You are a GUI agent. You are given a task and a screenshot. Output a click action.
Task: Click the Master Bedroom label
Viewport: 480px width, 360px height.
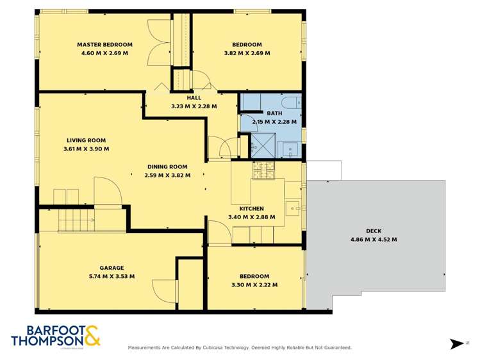[104, 44]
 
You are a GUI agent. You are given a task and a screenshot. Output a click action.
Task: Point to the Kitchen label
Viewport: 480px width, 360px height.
[251, 208]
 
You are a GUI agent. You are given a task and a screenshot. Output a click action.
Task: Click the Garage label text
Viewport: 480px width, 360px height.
[112, 268]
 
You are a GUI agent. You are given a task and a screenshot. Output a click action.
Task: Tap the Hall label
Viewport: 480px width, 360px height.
[194, 98]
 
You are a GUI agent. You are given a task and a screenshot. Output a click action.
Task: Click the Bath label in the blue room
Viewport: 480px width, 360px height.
[274, 113]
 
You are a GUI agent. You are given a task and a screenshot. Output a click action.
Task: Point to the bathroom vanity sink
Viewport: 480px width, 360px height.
[291, 149]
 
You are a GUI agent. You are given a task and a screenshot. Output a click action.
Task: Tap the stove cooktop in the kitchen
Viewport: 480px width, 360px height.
[263, 171]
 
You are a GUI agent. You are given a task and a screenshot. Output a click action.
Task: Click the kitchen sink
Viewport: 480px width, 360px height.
[294, 206]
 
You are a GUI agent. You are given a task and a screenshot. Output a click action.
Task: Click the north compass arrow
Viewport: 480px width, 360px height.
[457, 344]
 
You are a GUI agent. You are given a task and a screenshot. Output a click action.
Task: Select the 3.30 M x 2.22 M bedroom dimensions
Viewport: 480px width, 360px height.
[254, 284]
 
